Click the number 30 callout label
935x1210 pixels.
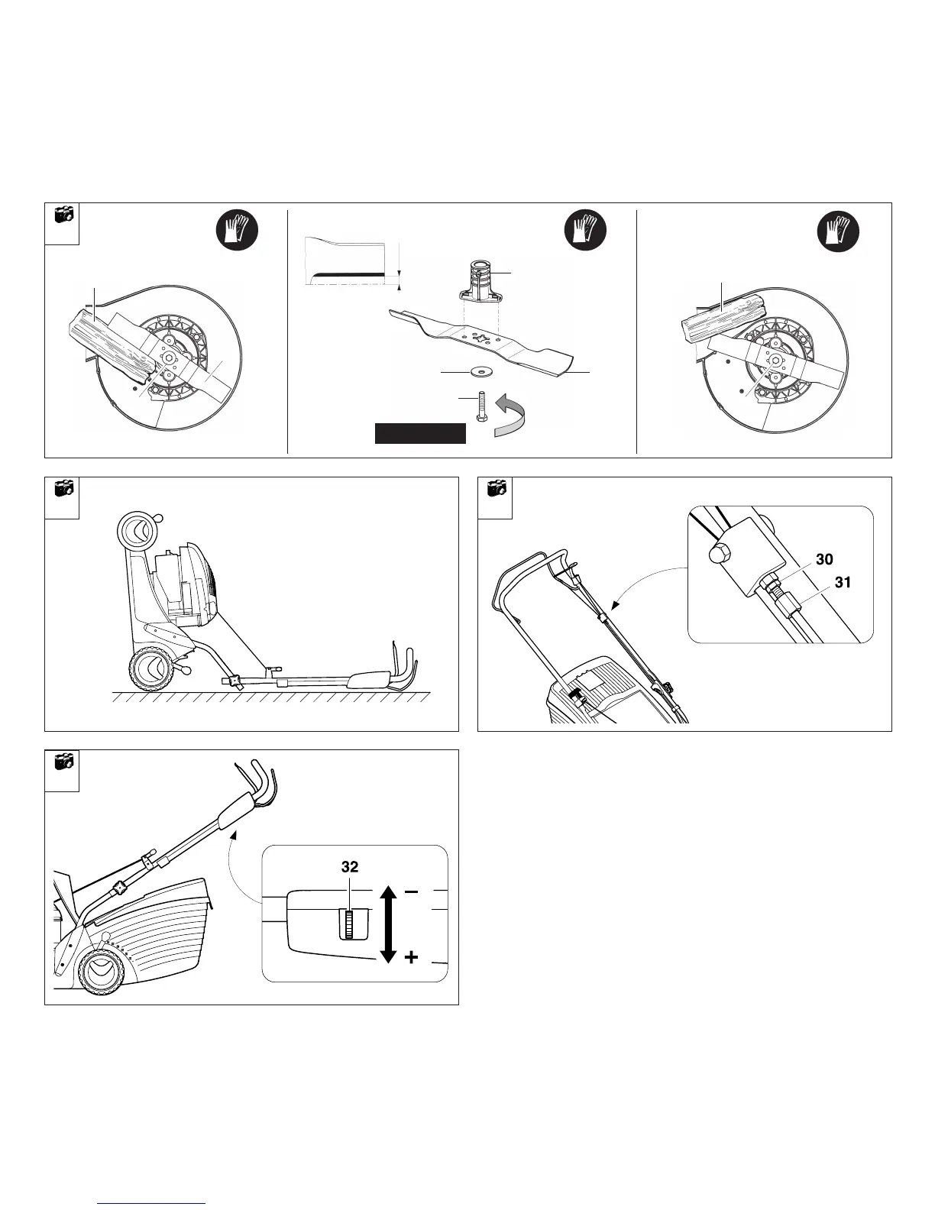824,559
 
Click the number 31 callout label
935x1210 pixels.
841,582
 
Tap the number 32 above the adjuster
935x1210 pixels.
350,867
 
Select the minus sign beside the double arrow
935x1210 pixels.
411,891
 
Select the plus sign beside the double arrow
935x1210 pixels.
411,956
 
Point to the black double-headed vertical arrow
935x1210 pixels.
387,924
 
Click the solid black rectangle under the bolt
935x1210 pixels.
420,433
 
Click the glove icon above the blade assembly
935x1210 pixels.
585,230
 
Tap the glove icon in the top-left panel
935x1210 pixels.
238,230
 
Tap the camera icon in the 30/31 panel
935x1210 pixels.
497,488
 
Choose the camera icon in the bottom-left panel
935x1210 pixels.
63,762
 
